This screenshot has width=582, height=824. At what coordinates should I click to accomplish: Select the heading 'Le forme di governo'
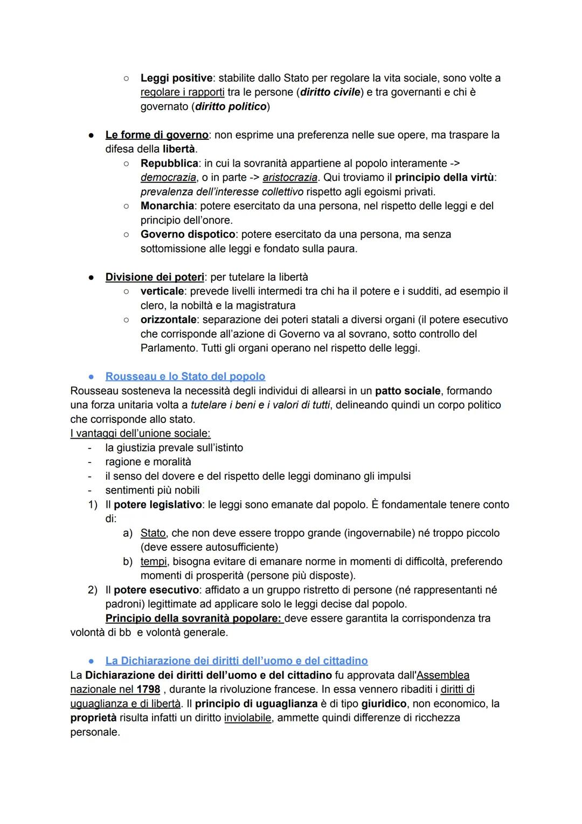tap(156, 135)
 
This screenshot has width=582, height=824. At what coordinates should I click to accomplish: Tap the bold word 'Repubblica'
tap(170, 164)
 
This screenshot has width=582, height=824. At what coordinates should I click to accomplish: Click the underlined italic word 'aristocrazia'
tap(290, 178)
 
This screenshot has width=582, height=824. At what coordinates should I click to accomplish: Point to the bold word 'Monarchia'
tap(168, 206)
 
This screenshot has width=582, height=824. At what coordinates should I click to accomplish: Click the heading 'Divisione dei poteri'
tap(155, 277)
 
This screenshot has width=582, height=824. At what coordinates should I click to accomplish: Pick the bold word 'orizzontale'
tap(168, 320)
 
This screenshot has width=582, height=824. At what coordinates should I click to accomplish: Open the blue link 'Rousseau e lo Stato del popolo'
tap(185, 377)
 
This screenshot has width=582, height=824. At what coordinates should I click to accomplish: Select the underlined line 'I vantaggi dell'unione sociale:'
tap(140, 433)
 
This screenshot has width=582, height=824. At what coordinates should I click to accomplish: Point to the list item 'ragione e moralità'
tap(148, 462)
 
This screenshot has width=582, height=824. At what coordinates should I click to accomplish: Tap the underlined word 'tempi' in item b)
tap(153, 562)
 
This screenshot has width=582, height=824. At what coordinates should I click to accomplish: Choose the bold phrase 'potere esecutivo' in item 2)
tap(156, 590)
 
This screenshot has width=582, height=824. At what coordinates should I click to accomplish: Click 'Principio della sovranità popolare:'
tap(194, 618)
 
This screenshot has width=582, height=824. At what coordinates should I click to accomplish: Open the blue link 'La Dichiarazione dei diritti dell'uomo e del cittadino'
tap(237, 661)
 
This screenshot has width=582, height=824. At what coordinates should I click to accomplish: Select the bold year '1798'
tap(148, 690)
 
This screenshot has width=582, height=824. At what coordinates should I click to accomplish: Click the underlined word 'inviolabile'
tap(247, 718)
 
